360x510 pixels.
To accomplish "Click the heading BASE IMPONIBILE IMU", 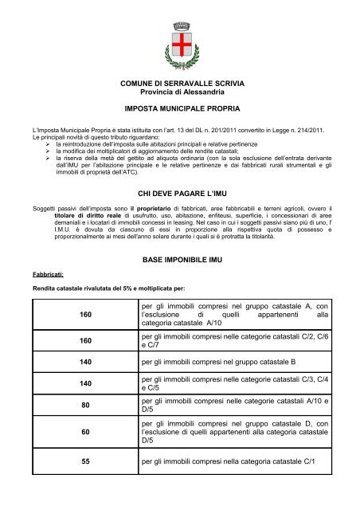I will [180, 260].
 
